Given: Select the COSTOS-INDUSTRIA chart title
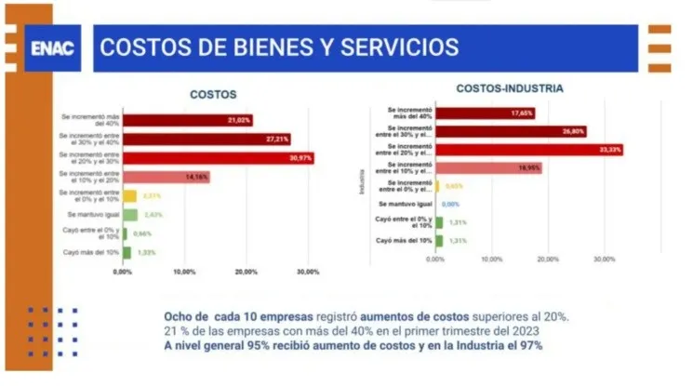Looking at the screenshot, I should pyautogui.click(x=509, y=88).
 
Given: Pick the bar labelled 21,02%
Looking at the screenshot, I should pyautogui.click(x=187, y=120).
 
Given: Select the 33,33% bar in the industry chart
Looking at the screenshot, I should pyautogui.click(x=528, y=150).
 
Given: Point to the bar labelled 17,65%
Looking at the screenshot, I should pyautogui.click(x=484, y=113).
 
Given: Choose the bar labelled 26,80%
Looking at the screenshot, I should pyautogui.click(x=511, y=131).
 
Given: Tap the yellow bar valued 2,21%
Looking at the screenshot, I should pyautogui.click(x=130, y=196).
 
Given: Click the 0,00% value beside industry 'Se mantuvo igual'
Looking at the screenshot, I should pyautogui.click(x=451, y=204).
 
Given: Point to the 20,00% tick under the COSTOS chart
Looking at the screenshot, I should pyautogui.click(x=246, y=273).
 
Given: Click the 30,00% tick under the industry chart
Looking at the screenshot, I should pyautogui.click(x=604, y=260).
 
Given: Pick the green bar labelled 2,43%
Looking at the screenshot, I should pyautogui.click(x=130, y=215).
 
